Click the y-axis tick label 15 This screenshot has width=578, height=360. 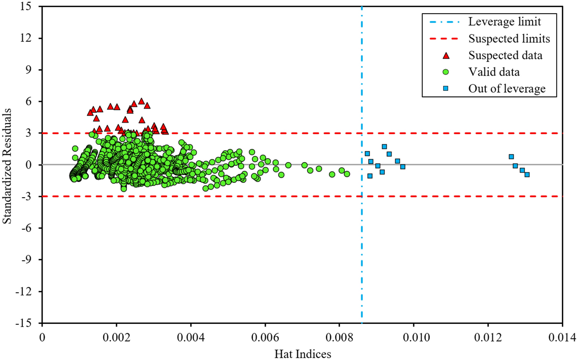[x=26, y=7]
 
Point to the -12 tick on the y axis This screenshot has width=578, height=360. [x=23, y=291]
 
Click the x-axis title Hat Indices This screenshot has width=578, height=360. [x=303, y=354]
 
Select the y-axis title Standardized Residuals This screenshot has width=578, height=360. [x=7, y=166]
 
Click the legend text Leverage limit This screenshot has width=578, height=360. [x=505, y=22]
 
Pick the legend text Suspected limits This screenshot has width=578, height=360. [x=509, y=38]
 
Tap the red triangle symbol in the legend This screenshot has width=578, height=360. [x=446, y=56]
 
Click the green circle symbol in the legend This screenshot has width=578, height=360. [x=446, y=72]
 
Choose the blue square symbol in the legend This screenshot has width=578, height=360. [x=446, y=89]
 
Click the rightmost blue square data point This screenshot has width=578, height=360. [x=527, y=175]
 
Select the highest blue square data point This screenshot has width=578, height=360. [x=384, y=147]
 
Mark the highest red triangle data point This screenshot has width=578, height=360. [x=141, y=101]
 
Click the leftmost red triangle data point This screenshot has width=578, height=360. [x=90, y=112]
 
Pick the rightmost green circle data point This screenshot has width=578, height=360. [x=347, y=174]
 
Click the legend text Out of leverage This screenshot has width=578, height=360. [x=507, y=89]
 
